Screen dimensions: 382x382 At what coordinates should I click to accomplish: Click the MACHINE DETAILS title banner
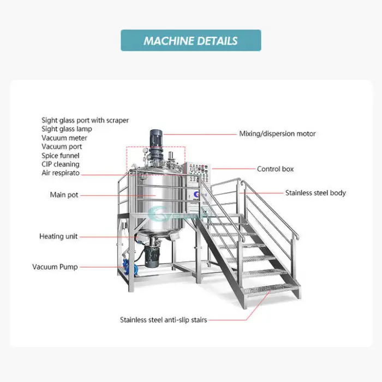tap(190, 40)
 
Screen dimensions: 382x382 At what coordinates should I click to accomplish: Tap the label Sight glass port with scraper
tap(85, 120)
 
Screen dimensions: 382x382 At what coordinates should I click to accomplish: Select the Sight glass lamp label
tap(67, 129)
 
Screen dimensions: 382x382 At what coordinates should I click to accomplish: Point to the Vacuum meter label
tap(64, 138)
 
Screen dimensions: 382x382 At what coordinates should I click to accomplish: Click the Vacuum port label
tap(62, 146)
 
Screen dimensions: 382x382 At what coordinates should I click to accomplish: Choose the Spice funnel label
tap(61, 155)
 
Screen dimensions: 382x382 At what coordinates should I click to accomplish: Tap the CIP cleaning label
tap(60, 164)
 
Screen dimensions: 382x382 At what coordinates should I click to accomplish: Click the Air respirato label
tap(61, 172)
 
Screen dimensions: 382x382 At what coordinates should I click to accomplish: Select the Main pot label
tap(64, 195)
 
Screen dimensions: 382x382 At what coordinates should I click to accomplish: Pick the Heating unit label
tap(58, 236)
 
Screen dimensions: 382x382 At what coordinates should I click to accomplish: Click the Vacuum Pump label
tap(55, 267)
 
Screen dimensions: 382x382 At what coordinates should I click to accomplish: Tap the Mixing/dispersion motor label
tap(277, 134)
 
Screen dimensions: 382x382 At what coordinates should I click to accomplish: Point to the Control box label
tap(275, 169)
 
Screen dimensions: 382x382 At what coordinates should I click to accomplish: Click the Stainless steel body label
tap(315, 193)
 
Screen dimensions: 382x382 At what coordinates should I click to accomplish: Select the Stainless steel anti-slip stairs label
tap(163, 320)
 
